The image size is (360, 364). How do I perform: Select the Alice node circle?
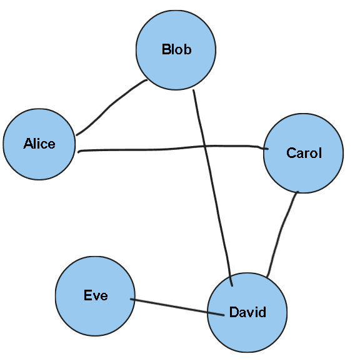39,162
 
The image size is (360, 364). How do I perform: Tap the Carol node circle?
303,172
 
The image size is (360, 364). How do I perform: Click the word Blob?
176,49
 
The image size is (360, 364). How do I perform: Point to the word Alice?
39,144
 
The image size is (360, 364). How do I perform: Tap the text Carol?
304,153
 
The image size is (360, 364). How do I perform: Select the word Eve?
96,295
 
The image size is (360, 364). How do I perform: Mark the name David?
247,312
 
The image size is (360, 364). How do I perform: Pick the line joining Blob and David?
212,187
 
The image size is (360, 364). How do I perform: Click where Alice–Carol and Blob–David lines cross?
204,147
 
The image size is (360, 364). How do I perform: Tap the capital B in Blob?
166,49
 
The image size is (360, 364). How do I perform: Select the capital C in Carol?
291,153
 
